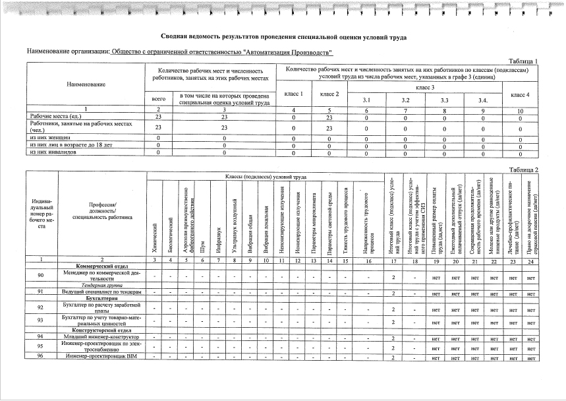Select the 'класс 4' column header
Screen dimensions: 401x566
[520, 94]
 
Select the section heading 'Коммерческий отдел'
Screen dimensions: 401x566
[102, 265]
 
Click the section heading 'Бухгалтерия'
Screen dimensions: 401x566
[102, 299]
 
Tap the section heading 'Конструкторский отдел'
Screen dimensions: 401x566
[102, 329]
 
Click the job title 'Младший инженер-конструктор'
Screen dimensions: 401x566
[102, 336]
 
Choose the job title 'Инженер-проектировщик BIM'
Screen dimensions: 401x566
[102, 356]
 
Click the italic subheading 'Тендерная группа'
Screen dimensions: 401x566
[102, 284]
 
